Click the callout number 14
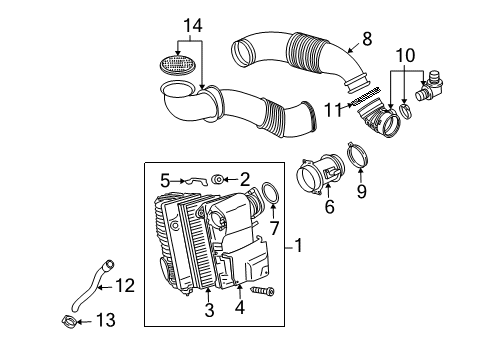coord(193,25)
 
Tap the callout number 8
coord(367,39)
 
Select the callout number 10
coord(405,55)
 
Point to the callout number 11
coord(334,110)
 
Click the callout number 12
coord(125,286)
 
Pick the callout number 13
coord(106,320)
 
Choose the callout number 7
coord(274,228)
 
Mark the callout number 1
coord(299,245)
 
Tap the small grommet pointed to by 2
coord(218,180)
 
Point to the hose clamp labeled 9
coord(358,155)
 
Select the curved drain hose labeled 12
coord(91,287)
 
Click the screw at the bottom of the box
coord(262,291)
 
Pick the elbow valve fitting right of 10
coord(429,87)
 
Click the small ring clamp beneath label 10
coord(406,111)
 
